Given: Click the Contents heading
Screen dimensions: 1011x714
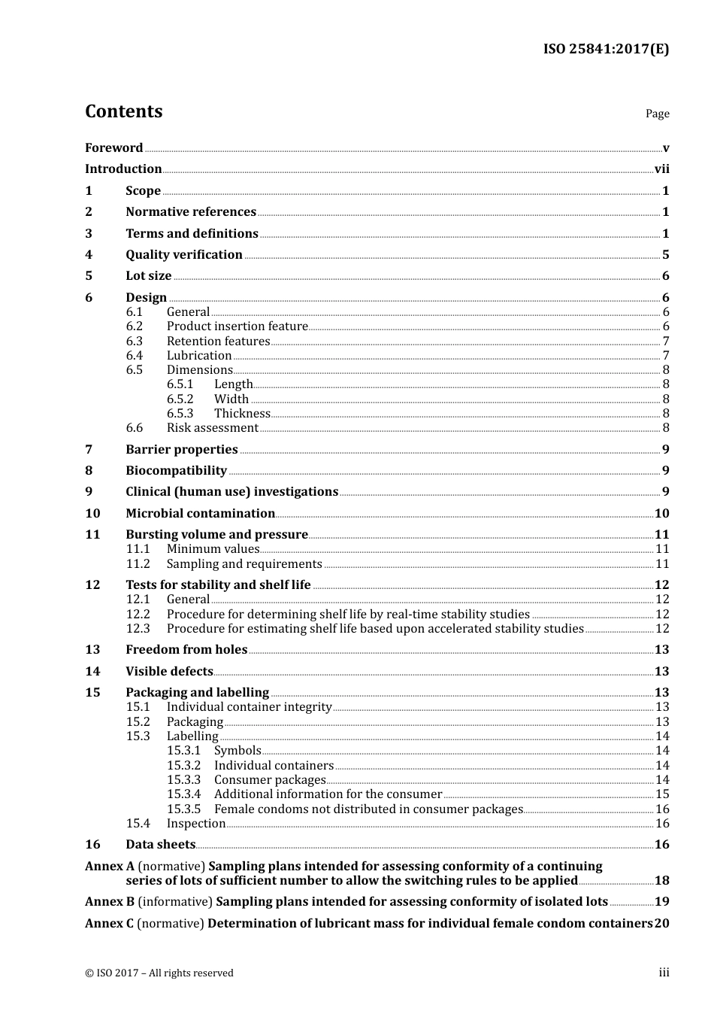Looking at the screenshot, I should coord(123,111).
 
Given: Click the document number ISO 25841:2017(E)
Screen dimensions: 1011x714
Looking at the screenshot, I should coord(606,49).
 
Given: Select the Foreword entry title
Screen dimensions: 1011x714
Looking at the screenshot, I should coord(113,147).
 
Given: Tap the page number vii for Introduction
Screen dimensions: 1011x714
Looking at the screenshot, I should coord(661,169).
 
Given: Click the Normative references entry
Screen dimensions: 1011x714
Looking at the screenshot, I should coord(191,212).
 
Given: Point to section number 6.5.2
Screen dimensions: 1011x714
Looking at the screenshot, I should coord(180,399).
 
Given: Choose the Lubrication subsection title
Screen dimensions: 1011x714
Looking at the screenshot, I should coord(199,355).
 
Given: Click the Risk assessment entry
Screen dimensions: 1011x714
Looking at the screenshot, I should coord(212,427).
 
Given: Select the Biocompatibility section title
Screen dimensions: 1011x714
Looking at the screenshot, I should coord(176,470).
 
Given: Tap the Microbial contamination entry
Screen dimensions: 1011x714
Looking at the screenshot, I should coord(200,513).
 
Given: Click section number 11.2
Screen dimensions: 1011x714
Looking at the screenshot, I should coord(138,563).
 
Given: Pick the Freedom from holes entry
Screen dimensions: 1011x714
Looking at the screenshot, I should coord(186,649).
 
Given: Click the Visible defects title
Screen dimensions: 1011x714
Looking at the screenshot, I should coord(169,671).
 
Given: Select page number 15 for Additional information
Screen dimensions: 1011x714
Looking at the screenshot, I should coord(662,794).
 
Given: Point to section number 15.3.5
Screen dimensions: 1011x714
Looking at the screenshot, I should coord(183,809).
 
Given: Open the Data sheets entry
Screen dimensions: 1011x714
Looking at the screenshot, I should coord(160,844).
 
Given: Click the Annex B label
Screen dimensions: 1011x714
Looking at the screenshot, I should coord(110,901).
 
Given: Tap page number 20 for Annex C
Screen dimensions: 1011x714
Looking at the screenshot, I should coord(661,923).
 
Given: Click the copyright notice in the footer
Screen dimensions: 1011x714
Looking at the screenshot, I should coord(159,973).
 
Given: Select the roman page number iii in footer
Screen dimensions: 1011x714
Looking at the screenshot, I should coord(664,973).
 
